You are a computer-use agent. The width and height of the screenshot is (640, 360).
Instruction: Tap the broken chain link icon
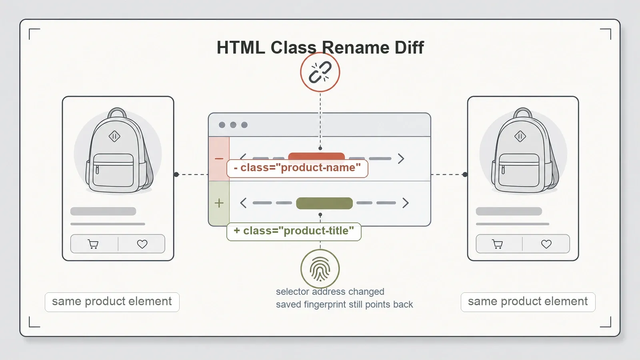point(320,72)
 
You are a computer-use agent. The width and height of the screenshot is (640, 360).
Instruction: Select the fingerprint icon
point(320,268)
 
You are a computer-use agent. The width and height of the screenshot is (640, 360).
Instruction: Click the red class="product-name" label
point(297,168)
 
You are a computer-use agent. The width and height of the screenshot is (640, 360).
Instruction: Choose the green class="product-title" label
point(294,231)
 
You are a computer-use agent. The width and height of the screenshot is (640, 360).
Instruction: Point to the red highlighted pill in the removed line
point(316,156)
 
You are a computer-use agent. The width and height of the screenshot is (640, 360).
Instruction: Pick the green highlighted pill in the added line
point(324,203)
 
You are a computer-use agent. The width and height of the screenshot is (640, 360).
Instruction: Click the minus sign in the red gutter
point(219,158)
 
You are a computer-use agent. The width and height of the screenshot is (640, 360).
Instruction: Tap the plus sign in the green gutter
point(219,203)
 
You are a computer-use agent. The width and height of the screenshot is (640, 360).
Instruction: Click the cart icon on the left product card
point(93,244)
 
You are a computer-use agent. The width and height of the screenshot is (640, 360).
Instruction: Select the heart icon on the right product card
point(546,244)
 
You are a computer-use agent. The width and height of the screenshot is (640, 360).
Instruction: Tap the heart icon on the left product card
point(142,244)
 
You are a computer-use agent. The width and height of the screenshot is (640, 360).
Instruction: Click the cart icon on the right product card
point(498,244)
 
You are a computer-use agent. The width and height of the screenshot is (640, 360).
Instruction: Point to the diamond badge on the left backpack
point(114,136)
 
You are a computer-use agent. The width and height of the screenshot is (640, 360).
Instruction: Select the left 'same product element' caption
point(112,302)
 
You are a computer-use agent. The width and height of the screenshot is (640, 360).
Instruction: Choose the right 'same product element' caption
point(528,302)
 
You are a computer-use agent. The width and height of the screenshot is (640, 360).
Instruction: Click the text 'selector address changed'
point(330,292)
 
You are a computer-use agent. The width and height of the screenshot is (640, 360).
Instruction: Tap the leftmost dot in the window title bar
point(222,125)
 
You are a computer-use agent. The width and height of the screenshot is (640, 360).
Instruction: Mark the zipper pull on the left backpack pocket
point(98,170)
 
